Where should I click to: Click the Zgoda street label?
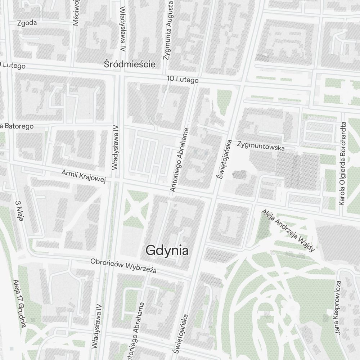click(27, 23)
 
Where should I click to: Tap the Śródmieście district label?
click(130, 64)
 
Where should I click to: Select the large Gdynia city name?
click(167, 250)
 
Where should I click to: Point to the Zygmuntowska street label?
click(261, 146)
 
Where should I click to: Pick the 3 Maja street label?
click(19, 211)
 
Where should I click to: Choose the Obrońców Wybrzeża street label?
click(123, 266)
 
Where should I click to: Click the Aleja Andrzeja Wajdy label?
click(288, 230)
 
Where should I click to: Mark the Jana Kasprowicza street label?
click(337, 307)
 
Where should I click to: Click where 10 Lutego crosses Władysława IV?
click(120, 73)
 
